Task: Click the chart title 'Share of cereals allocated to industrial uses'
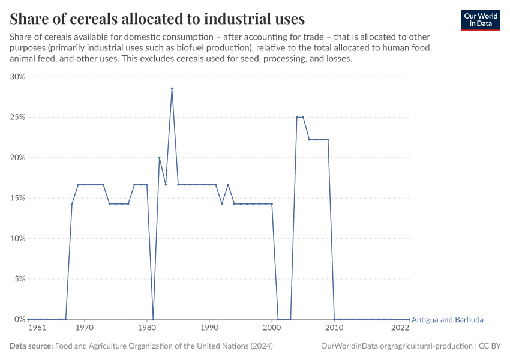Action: tap(157, 18)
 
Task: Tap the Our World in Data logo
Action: tap(481, 20)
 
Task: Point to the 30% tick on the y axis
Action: tap(17, 77)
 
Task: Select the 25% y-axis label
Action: tap(17, 117)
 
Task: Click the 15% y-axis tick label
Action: tap(17, 198)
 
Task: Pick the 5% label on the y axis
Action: tap(19, 279)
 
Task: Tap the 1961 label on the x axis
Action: tap(37, 328)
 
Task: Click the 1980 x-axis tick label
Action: tap(147, 328)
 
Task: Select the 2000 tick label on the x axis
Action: tap(272, 328)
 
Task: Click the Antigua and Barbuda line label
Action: tap(448, 320)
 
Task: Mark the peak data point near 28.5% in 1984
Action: tap(172, 88)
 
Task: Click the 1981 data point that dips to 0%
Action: tap(153, 319)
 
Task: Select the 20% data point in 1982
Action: tap(159, 157)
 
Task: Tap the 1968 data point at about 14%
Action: tap(72, 204)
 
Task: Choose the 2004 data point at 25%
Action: tap(297, 117)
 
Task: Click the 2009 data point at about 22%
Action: tap(328, 140)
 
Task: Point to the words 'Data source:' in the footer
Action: tap(31, 346)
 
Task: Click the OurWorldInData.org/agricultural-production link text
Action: tap(397, 346)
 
